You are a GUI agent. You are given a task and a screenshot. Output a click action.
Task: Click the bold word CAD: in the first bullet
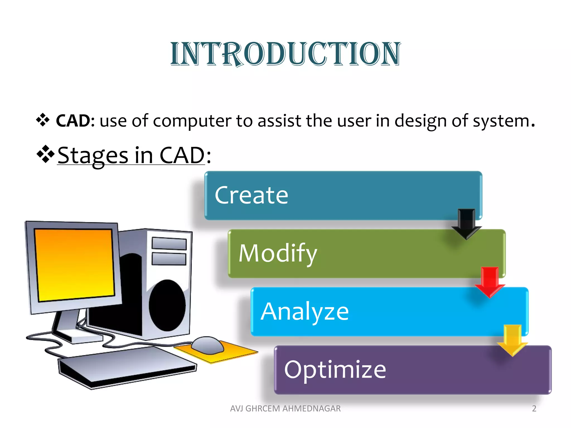pyautogui.click(x=75, y=121)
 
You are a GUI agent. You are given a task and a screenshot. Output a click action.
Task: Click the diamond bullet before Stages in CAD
pyautogui.click(x=45, y=154)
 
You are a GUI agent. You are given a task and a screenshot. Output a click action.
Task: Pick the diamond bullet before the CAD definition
pyautogui.click(x=43, y=120)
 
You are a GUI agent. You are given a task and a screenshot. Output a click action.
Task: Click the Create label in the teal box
pyautogui.click(x=251, y=195)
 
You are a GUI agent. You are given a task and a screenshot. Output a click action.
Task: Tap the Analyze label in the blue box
pyautogui.click(x=305, y=312)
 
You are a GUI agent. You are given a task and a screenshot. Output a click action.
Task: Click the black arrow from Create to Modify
pyautogui.click(x=466, y=224)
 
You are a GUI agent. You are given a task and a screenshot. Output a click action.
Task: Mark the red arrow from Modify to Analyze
pyautogui.click(x=490, y=282)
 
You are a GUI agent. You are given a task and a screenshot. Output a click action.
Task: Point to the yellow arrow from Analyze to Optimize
pyautogui.click(x=512, y=340)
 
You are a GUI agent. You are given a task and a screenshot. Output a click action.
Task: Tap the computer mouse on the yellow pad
pyautogui.click(x=207, y=345)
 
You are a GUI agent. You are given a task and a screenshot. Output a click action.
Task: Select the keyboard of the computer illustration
pyautogui.click(x=127, y=367)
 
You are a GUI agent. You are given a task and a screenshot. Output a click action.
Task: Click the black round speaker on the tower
pyautogui.click(x=167, y=305)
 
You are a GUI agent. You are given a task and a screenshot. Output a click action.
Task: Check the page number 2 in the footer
pyautogui.click(x=534, y=408)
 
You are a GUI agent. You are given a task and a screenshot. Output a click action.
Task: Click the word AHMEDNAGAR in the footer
pyautogui.click(x=311, y=408)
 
